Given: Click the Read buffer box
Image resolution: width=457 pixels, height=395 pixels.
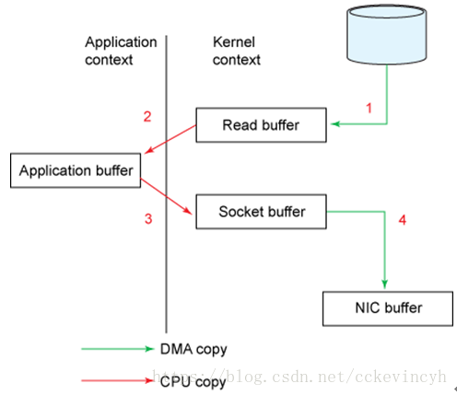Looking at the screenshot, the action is [x=261, y=125].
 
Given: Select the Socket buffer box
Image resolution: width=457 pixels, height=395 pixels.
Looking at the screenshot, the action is [x=261, y=212].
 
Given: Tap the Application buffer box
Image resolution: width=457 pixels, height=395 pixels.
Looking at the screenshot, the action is [x=76, y=170].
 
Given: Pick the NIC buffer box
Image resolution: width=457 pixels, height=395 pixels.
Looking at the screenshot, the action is [x=388, y=308].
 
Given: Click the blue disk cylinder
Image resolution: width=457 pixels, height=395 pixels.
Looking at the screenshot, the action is [x=387, y=34].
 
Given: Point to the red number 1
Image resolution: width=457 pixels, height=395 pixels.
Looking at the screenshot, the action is [x=369, y=108].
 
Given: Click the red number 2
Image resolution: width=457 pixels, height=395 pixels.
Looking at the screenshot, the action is [x=147, y=117].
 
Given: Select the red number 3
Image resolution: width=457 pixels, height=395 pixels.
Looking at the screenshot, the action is [x=148, y=219].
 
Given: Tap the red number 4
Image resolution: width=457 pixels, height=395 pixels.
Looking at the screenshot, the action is [x=403, y=220].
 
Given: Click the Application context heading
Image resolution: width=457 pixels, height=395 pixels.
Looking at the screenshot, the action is [x=121, y=51].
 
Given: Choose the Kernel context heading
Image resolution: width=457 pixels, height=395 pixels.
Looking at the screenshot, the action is [x=237, y=51].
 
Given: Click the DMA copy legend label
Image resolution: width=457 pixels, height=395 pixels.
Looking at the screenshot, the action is [x=193, y=350].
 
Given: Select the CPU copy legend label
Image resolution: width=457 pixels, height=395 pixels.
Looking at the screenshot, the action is [x=193, y=382].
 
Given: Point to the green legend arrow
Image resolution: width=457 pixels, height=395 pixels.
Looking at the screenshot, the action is [x=118, y=349].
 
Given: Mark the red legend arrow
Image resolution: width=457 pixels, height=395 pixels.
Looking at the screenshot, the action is [x=117, y=381].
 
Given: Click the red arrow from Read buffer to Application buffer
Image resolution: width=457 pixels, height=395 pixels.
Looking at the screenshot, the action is [x=170, y=139].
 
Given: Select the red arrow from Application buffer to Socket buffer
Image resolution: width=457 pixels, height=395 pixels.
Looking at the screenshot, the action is [x=167, y=196].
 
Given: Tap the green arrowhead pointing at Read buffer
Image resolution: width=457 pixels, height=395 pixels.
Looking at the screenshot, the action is [x=335, y=124].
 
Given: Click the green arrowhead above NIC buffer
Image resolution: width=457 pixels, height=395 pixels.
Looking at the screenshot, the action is [x=385, y=284].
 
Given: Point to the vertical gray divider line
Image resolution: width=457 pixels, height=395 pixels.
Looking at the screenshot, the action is [x=167, y=184].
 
